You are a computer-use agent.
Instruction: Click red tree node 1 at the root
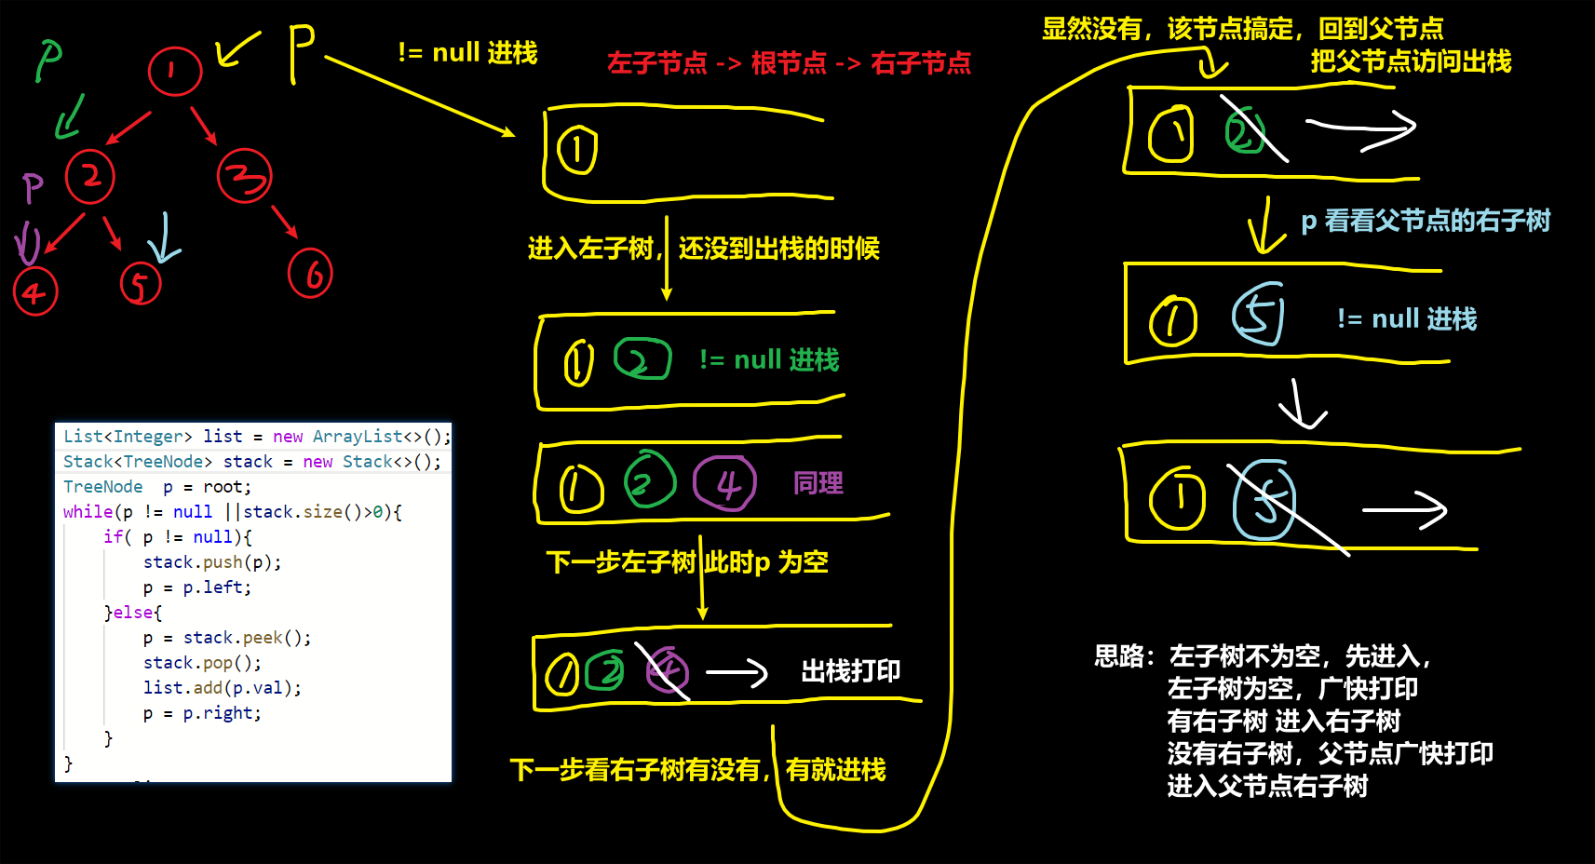click(x=175, y=71)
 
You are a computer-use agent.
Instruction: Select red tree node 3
click(x=244, y=176)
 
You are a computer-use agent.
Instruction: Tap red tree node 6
click(x=310, y=273)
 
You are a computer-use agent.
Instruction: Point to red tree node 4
click(x=35, y=292)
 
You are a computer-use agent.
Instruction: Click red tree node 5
click(x=141, y=283)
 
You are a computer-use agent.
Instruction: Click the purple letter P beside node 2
click(x=34, y=187)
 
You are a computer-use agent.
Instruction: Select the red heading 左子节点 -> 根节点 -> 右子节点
click(x=789, y=63)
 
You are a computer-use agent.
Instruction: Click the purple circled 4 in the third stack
click(x=725, y=483)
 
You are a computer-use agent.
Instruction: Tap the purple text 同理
click(x=818, y=483)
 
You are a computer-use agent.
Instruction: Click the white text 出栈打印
click(x=850, y=671)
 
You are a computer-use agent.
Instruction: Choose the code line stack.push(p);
click(x=212, y=562)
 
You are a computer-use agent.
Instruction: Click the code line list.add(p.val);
click(x=222, y=688)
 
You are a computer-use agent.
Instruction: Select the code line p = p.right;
click(x=202, y=713)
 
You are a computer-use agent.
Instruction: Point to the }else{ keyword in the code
click(x=133, y=613)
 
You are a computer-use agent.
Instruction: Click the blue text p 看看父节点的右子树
click(x=1425, y=221)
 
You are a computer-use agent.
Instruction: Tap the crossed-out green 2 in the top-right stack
click(x=1246, y=133)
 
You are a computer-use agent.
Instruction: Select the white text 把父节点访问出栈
click(x=1411, y=61)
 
